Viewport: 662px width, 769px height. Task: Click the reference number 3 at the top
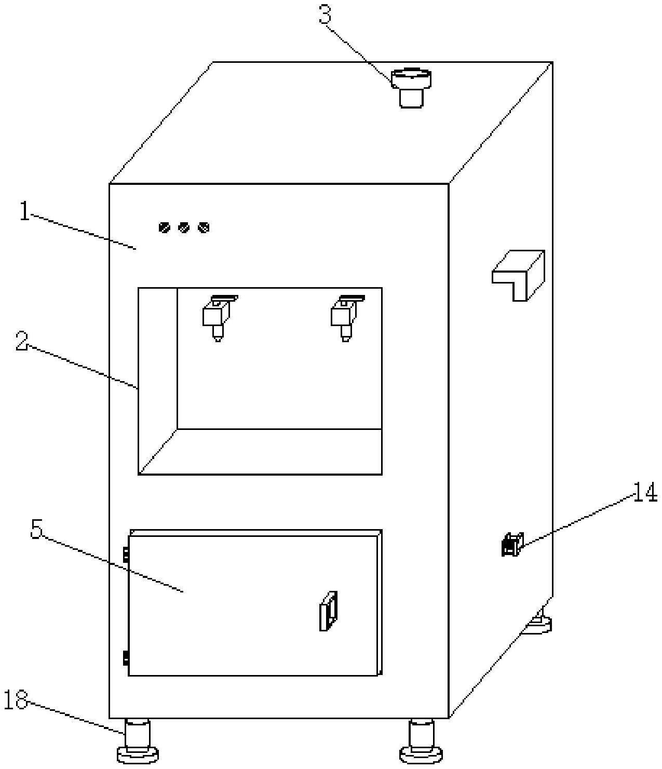pos(325,16)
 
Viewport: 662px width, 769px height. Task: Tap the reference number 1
pos(24,212)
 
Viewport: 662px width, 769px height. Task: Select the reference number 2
pos(21,341)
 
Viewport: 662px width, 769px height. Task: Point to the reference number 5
pos(36,529)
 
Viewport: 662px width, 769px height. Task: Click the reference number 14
pos(644,492)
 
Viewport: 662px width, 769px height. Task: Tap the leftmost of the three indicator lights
pos(164,228)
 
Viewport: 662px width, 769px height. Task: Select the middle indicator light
pos(184,228)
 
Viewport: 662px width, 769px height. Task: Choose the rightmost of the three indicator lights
pos(204,228)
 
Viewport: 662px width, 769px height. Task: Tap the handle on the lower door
pos(328,611)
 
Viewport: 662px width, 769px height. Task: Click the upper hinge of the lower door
pos(126,555)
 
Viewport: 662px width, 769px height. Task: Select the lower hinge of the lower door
pos(126,658)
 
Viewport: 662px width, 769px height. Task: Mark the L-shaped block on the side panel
pos(519,274)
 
